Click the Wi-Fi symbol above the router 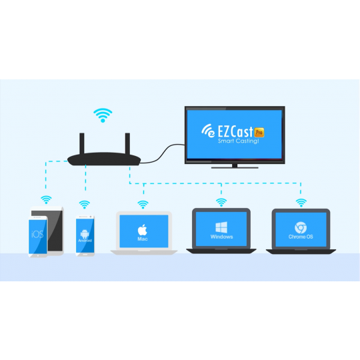pyautogui.click(x=103, y=115)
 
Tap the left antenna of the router pyautogui.click(x=82, y=143)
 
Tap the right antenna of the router pyautogui.click(x=127, y=143)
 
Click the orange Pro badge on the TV pyautogui.click(x=259, y=132)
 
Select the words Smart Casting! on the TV pyautogui.click(x=238, y=141)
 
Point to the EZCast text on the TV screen pyautogui.click(x=235, y=131)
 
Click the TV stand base pyautogui.click(x=235, y=167)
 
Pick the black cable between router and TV pyautogui.click(x=162, y=154)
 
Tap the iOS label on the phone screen pyautogui.click(x=37, y=235)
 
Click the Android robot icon pyautogui.click(x=85, y=234)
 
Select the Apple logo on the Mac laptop pyautogui.click(x=143, y=230)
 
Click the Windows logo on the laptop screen pyautogui.click(x=221, y=227)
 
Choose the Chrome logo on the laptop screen pyautogui.click(x=300, y=227)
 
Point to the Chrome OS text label pyautogui.click(x=301, y=237)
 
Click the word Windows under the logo pyautogui.click(x=221, y=237)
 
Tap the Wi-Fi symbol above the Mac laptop pyautogui.click(x=143, y=205)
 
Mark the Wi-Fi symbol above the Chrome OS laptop pyautogui.click(x=301, y=203)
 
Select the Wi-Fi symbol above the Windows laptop pyautogui.click(x=221, y=202)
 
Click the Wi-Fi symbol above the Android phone pyautogui.click(x=85, y=205)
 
